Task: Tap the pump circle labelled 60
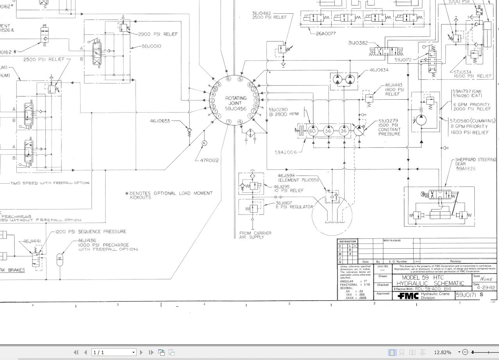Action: (x=312, y=131)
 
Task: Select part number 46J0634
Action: (x=379, y=70)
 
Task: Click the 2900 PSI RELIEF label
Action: (x=158, y=34)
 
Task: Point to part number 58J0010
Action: (x=151, y=46)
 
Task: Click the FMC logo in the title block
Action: (x=408, y=296)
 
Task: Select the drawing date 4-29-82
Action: (x=485, y=287)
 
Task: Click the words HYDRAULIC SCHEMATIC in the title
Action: (x=430, y=283)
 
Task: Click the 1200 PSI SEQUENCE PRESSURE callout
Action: (x=91, y=232)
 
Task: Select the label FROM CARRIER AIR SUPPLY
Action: (x=255, y=235)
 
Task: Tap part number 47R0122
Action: (x=209, y=160)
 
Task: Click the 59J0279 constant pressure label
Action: (x=389, y=127)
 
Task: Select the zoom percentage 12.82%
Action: (x=443, y=352)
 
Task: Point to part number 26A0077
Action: (x=326, y=34)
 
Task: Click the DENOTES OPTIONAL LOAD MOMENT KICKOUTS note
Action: (x=171, y=195)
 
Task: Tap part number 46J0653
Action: (x=160, y=121)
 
